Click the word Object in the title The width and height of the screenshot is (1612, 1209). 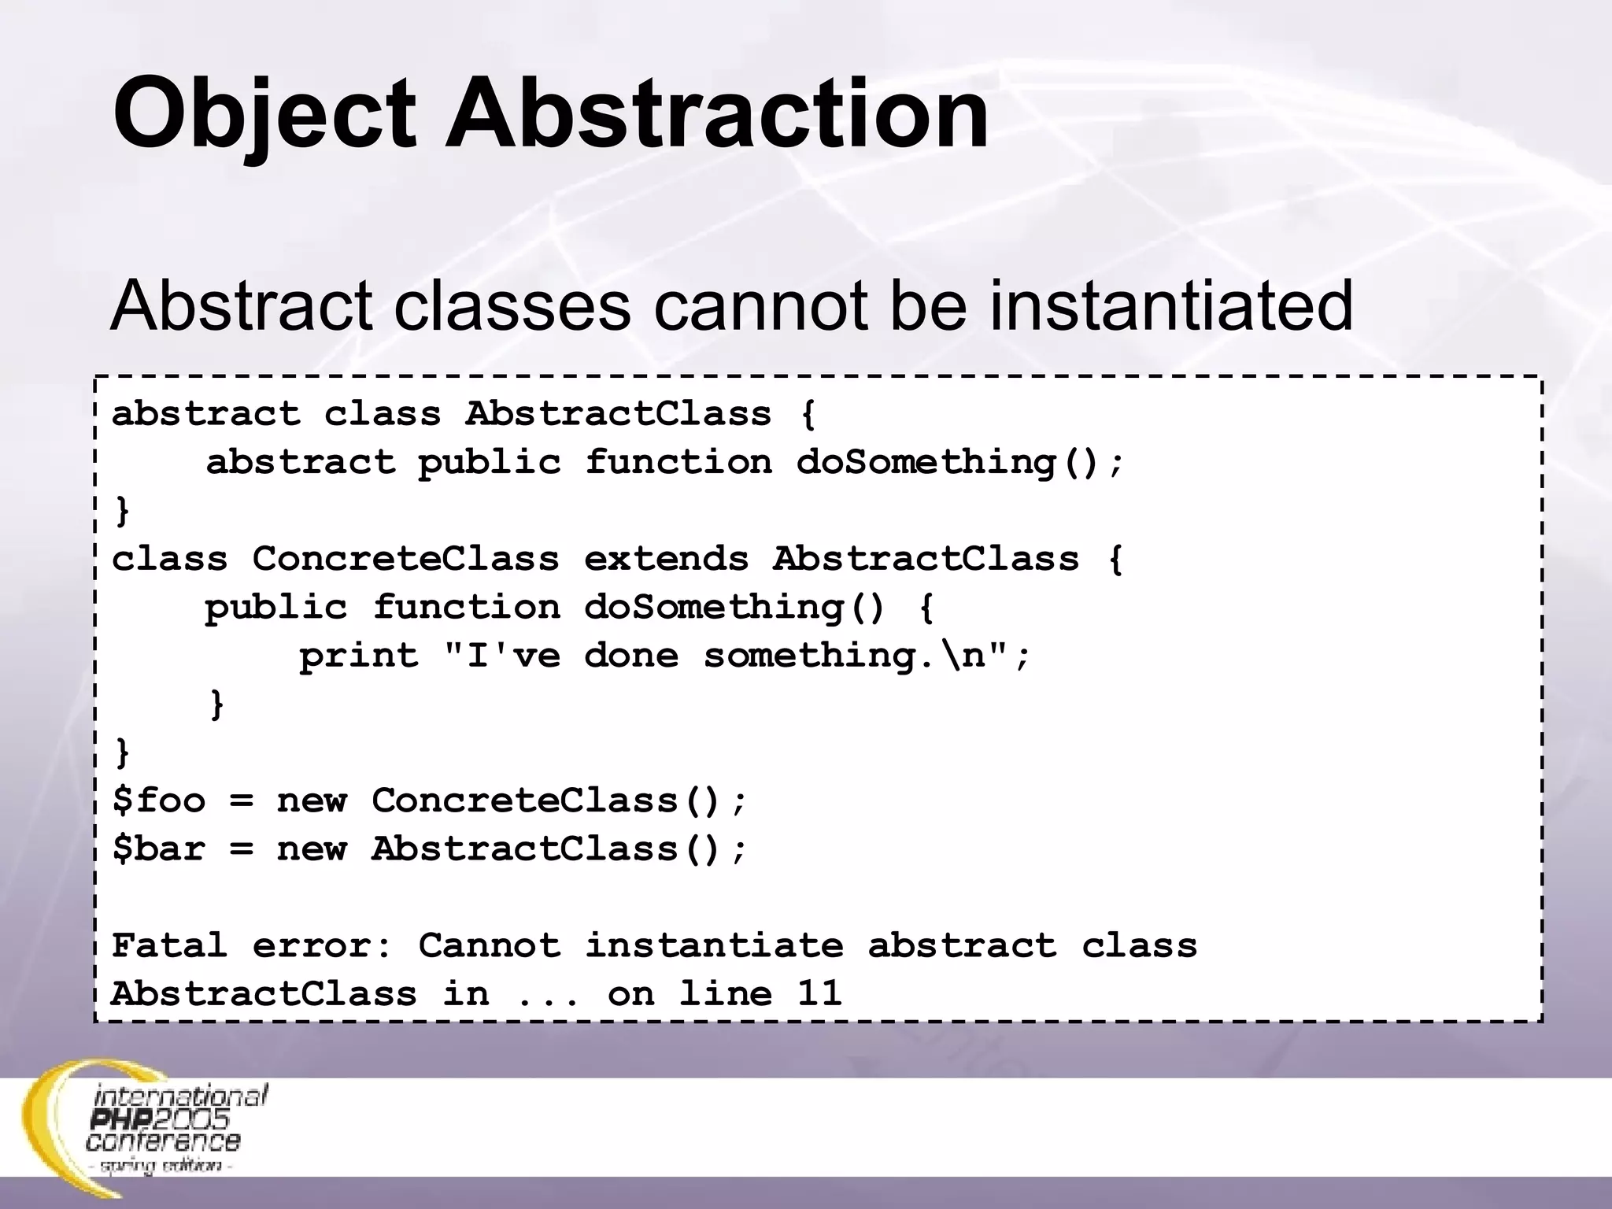click(264, 114)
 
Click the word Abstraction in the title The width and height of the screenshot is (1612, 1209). click(716, 114)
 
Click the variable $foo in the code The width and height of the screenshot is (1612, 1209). click(159, 800)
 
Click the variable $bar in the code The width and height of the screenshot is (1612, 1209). click(159, 849)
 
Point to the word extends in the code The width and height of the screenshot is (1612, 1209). click(666, 559)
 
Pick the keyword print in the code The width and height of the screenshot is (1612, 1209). click(359, 656)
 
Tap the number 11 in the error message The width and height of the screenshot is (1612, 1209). click(819, 993)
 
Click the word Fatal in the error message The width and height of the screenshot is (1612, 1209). click(170, 945)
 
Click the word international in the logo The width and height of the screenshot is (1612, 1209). click(180, 1096)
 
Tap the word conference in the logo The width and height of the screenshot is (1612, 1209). click(163, 1141)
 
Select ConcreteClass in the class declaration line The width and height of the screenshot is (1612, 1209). click(406, 559)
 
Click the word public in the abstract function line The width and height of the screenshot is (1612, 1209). click(489, 462)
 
